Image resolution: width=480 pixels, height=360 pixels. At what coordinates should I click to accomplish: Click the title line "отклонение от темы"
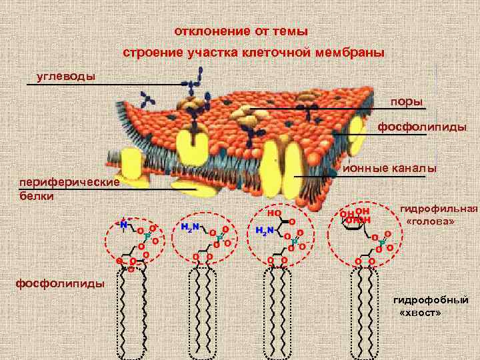241,31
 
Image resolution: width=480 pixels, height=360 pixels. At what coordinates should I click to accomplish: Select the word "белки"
37,196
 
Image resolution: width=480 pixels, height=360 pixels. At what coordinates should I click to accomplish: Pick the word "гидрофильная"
439,208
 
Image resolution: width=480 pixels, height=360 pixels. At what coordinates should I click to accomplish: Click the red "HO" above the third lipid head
273,214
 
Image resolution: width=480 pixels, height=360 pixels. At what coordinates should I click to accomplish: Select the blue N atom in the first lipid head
124,225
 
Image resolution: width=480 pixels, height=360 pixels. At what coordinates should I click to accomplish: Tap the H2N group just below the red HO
265,231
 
